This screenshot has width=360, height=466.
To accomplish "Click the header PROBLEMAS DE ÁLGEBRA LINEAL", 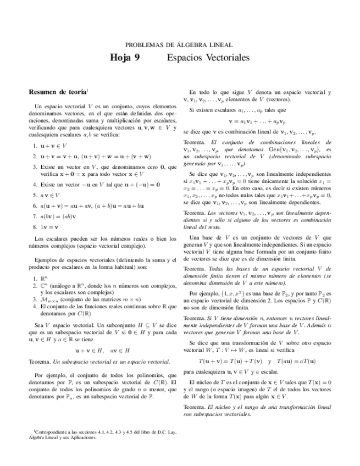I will pos(179,45).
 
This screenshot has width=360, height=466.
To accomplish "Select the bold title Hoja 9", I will pos(125,58).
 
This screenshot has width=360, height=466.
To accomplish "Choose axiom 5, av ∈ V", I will pos(49,195).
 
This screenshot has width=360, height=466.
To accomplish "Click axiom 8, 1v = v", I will pos(49,226).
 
